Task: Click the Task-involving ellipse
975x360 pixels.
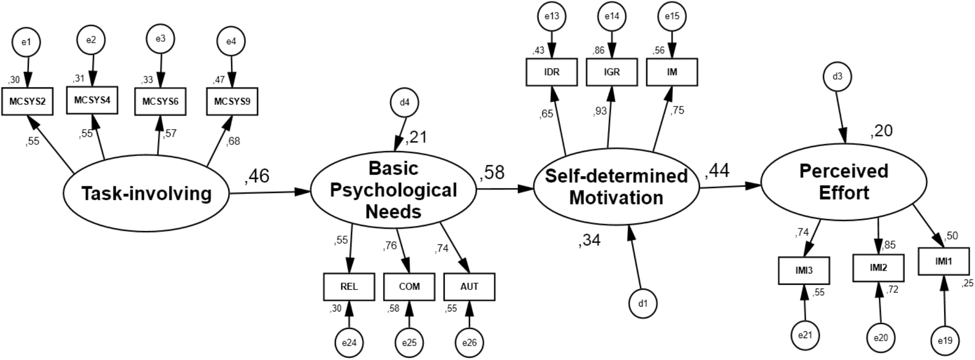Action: (146, 194)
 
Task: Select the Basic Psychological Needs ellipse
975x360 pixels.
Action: (393, 190)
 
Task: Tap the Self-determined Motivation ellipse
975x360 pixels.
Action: (616, 187)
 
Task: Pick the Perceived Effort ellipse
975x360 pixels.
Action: (844, 182)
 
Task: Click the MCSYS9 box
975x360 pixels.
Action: (232, 102)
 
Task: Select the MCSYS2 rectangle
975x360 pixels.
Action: (27, 102)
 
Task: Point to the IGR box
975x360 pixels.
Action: (611, 72)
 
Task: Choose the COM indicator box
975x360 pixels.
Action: (409, 287)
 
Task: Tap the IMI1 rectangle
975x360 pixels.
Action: (943, 261)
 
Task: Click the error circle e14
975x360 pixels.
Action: (611, 17)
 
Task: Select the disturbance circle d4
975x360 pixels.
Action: (404, 103)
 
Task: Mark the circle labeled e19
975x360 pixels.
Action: (945, 341)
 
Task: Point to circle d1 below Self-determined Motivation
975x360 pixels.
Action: (643, 304)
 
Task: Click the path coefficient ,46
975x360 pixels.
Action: (257, 176)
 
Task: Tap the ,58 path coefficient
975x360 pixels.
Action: (492, 172)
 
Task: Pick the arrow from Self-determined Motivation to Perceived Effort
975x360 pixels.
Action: (729, 186)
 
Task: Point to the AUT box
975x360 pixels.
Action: (469, 287)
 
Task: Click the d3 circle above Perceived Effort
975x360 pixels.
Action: (837, 77)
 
